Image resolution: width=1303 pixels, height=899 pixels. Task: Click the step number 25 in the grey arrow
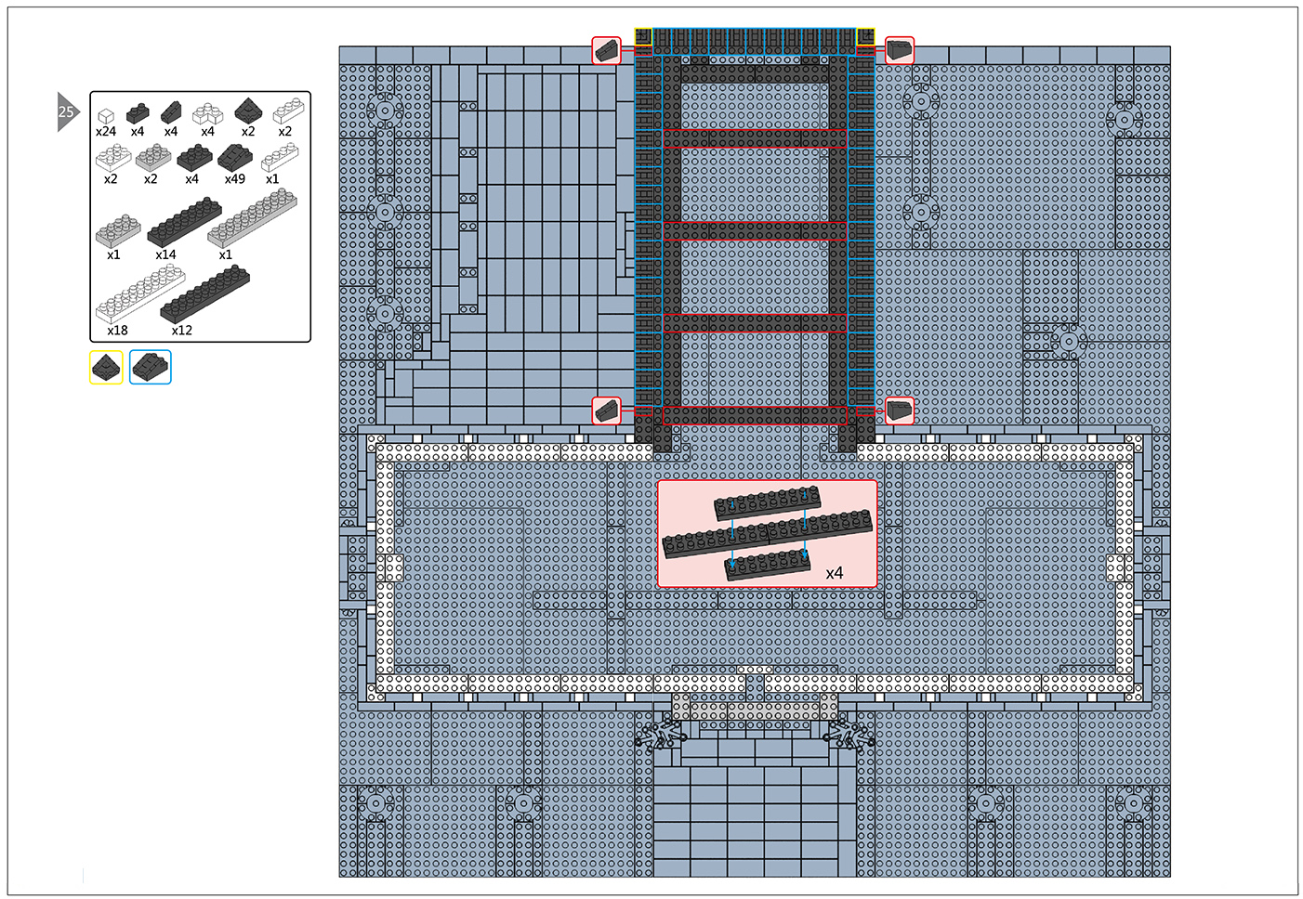66,111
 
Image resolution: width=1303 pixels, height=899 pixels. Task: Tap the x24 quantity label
106,131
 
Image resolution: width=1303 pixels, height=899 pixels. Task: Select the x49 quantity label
235,179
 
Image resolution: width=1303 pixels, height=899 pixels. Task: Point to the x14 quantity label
165,254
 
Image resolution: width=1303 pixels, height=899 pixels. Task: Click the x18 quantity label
117,330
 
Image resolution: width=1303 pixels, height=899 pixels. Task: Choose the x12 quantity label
181,330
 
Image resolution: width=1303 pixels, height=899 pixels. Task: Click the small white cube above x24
106,116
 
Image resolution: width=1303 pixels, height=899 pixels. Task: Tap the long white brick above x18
140,293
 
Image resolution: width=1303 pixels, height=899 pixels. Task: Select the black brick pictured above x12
204,294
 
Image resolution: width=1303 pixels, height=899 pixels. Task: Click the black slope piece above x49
235,158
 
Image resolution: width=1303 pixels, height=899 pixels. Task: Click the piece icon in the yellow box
107,367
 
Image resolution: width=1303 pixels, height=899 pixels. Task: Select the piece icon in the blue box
150,367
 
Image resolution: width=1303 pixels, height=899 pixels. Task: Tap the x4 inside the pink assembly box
835,574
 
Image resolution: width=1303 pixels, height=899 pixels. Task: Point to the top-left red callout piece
607,50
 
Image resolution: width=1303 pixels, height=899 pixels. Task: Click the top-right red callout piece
900,50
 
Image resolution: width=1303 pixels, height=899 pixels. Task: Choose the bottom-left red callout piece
607,410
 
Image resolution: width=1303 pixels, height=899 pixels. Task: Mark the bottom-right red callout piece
900,410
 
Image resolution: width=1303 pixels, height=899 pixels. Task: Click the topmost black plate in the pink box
768,502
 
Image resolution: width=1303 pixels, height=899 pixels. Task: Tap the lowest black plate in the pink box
768,565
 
